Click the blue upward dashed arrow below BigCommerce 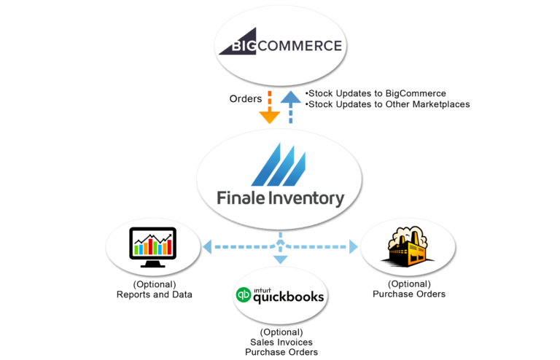click(290, 106)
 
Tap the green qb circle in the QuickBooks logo click(242, 296)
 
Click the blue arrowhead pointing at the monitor click(206, 247)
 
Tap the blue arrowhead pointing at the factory click(354, 247)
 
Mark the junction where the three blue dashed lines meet click(281, 246)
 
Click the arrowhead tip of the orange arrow click(269, 121)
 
